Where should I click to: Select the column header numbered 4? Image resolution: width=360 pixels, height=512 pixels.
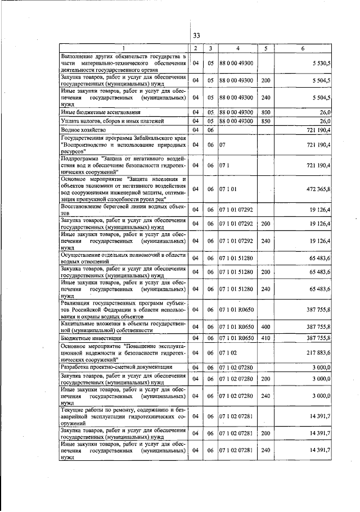tap(237, 49)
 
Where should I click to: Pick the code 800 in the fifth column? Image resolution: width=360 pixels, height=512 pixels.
tap(265, 112)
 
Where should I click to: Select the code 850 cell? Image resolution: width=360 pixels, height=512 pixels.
tap(265, 121)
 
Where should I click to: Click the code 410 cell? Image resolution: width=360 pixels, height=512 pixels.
tap(265, 338)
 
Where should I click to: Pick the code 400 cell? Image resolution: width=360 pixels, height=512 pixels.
tap(265, 327)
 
